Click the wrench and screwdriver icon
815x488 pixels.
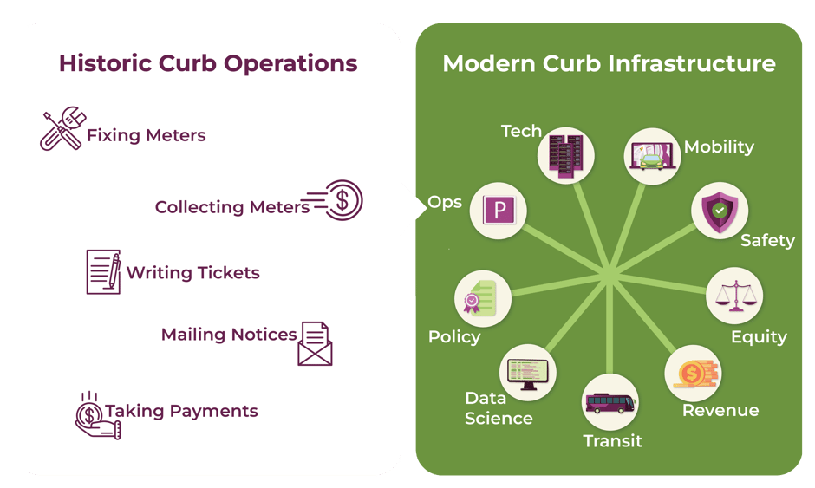pyautogui.click(x=62, y=128)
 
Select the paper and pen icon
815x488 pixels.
pyautogui.click(x=103, y=272)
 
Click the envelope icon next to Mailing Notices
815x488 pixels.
pyautogui.click(x=315, y=343)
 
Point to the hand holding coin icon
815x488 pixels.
pyautogui.click(x=98, y=416)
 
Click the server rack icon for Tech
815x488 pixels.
pyautogui.click(x=565, y=156)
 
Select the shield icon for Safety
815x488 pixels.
pyautogui.click(x=720, y=211)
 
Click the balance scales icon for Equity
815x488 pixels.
pyautogui.click(x=735, y=296)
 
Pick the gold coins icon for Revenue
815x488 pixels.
pyautogui.click(x=694, y=373)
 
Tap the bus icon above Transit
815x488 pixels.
pyautogui.click(x=610, y=403)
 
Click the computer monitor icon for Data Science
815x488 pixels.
pyautogui.click(x=528, y=373)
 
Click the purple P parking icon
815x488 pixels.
pyautogui.click(x=499, y=210)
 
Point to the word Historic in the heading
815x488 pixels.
pyautogui.click(x=106, y=63)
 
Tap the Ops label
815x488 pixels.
pyautogui.click(x=445, y=202)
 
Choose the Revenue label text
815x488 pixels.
pyautogui.click(x=720, y=410)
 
